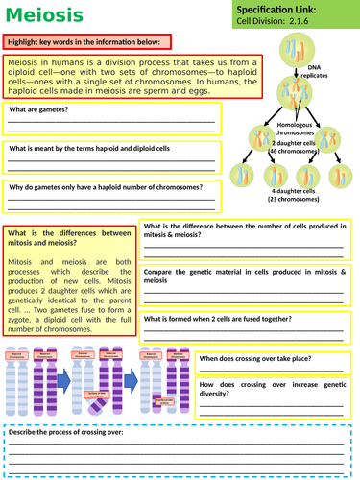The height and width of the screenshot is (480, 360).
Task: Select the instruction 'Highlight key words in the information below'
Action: [x=87, y=42]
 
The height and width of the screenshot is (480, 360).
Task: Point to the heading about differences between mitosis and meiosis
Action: [x=67, y=237]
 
